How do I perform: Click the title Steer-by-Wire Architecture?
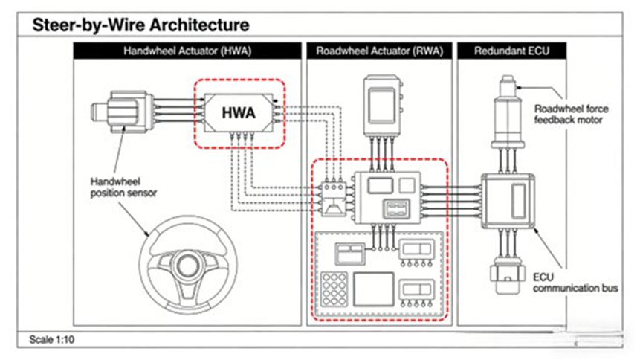pos(140,25)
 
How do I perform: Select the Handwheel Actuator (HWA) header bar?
pos(187,51)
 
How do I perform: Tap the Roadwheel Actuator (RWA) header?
pos(378,51)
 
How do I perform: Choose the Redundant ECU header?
pos(514,51)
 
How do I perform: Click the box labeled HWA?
pos(238,114)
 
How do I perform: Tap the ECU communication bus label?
pos(567,282)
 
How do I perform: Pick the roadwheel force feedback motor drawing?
pos(508,112)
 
